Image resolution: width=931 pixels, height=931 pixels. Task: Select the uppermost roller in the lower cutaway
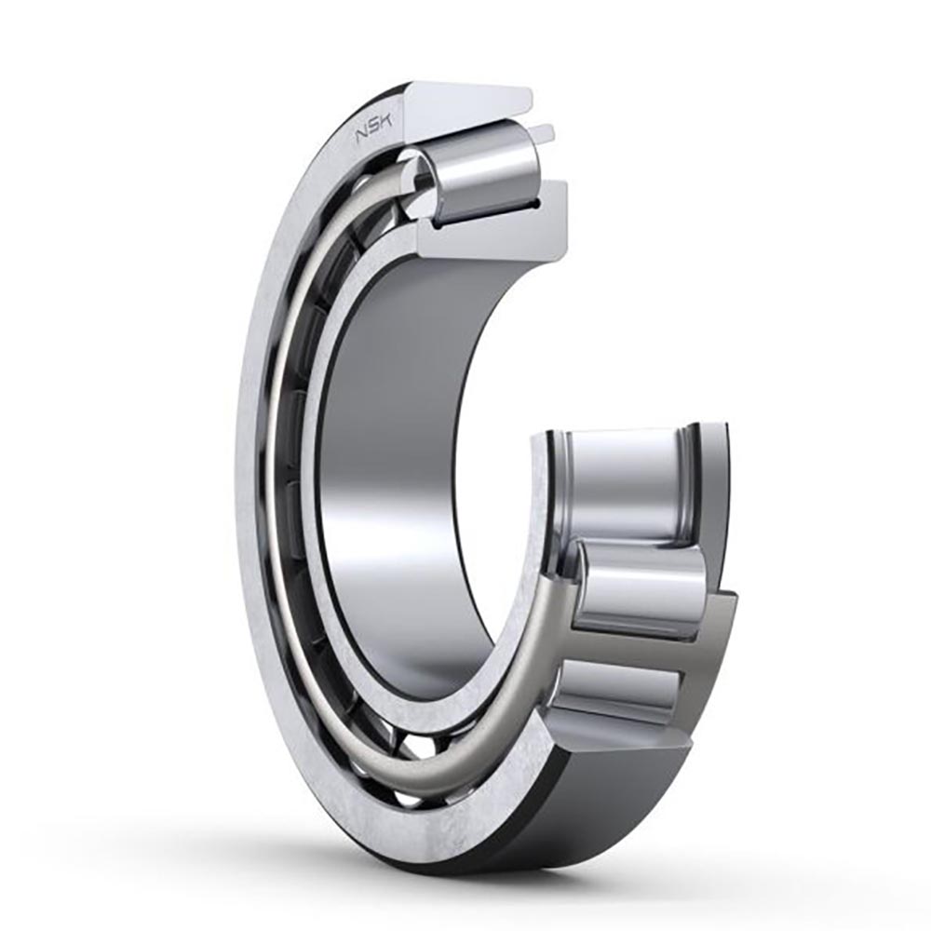pos(624,479)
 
